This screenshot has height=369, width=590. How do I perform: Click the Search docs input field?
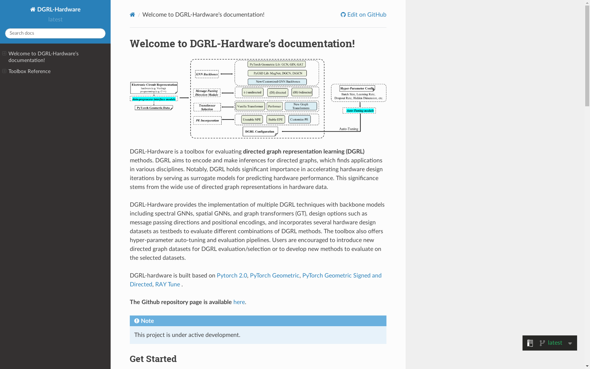tap(55, 33)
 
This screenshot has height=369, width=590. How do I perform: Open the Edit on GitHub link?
tap(364, 15)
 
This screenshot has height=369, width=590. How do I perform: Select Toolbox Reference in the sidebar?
tap(29, 71)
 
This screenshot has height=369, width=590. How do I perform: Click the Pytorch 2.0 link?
tap(232, 275)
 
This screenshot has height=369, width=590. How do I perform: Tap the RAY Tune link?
tap(167, 284)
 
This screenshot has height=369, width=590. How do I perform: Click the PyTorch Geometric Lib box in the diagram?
tap(277, 64)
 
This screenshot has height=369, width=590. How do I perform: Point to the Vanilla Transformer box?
tap(250, 106)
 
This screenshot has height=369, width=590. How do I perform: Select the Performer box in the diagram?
tap(274, 106)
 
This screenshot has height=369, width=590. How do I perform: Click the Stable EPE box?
tap(275, 120)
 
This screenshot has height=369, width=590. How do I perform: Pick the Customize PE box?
tap(299, 120)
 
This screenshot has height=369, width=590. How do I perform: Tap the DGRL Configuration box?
tap(260, 131)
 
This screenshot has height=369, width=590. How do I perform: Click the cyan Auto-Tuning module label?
tap(360, 111)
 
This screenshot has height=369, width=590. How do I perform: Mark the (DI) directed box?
tap(278, 92)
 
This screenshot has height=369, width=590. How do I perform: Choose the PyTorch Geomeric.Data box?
tap(153, 108)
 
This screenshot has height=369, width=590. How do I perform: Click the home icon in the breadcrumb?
tap(132, 15)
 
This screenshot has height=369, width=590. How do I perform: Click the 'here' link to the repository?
tap(239, 302)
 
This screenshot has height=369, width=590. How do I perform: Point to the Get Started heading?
tap(153, 359)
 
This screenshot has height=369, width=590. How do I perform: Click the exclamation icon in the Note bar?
tap(137, 321)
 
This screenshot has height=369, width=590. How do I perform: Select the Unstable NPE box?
tap(252, 120)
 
